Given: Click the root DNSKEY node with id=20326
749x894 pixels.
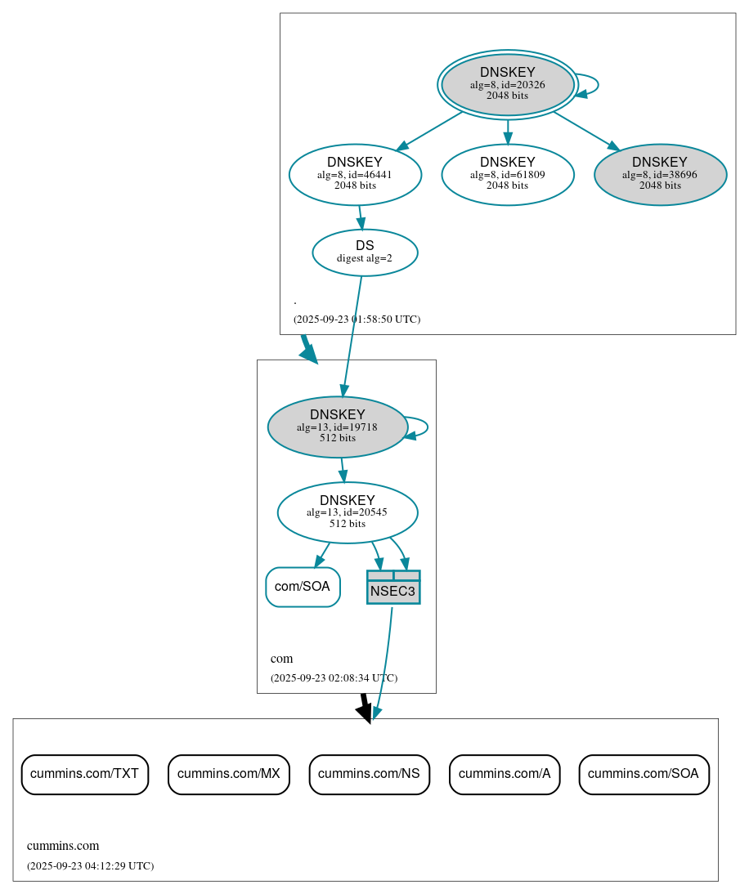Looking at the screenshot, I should [507, 84].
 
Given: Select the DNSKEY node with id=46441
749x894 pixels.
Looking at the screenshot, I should [355, 174].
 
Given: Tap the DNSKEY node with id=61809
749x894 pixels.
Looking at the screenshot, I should [507, 174].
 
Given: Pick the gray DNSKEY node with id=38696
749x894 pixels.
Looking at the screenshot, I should [660, 174].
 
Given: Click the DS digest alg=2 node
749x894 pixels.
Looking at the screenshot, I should [365, 253].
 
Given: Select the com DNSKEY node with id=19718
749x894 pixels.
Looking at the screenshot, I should [337, 427].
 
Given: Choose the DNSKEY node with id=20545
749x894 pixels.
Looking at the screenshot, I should [348, 512].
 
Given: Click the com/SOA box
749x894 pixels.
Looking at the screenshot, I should [303, 587].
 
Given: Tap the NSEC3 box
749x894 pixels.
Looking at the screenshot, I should [393, 588].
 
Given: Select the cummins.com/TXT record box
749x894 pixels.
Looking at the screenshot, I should [84, 774].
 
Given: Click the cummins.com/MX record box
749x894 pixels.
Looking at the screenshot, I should [229, 774].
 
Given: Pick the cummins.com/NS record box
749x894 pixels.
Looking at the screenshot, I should [369, 774].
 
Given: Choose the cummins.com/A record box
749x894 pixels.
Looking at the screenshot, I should [505, 774].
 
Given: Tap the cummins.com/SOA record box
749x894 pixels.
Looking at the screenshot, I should [644, 774].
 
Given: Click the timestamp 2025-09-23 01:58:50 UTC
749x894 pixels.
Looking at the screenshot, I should [357, 320].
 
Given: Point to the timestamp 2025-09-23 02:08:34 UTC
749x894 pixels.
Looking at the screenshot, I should [334, 678].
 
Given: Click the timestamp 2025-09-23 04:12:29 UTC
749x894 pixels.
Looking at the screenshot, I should [90, 866].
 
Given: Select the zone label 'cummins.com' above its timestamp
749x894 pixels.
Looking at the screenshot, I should [63, 846].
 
